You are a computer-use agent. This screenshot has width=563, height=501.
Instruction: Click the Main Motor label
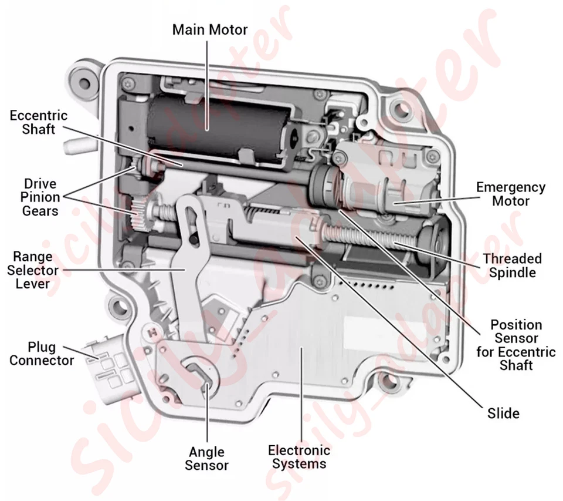[209, 29]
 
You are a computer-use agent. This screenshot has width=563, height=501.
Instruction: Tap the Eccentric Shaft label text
[38, 122]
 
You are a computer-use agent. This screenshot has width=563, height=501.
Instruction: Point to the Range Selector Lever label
[36, 270]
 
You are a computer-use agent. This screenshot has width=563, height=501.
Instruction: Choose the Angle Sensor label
[206, 459]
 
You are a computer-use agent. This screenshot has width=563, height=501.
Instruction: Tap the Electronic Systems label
[299, 457]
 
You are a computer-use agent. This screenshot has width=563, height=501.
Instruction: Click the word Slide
[503, 413]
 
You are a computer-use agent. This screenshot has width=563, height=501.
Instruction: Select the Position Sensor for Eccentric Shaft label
[515, 345]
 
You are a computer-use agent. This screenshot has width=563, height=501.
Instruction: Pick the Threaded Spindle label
[512, 265]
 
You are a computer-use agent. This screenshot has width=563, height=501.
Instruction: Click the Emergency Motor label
[510, 194]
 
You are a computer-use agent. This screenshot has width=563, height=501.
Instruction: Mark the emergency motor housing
[387, 179]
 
